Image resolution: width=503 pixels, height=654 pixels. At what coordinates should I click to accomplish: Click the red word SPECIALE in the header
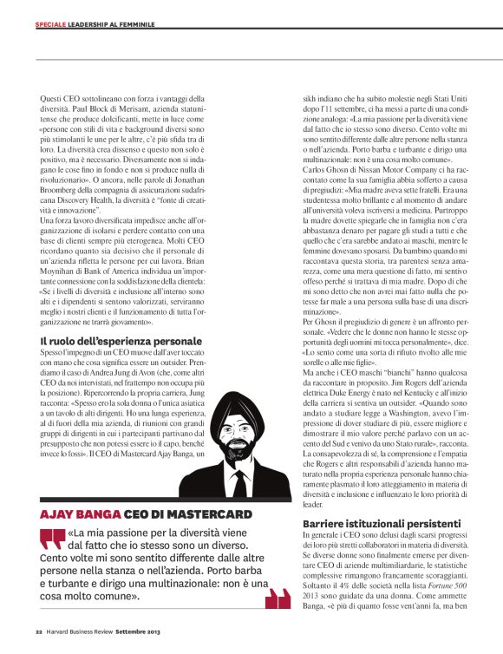(x=52, y=23)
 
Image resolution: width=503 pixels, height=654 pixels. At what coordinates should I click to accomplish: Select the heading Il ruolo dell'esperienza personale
(x=121, y=342)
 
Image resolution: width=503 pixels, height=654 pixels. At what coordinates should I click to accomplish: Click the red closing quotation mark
(x=278, y=598)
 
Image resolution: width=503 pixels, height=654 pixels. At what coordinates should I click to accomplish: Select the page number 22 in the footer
(x=39, y=631)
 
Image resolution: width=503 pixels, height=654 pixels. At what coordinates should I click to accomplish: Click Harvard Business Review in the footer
(x=80, y=631)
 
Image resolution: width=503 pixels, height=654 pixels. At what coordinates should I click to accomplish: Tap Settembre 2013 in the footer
(x=138, y=631)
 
